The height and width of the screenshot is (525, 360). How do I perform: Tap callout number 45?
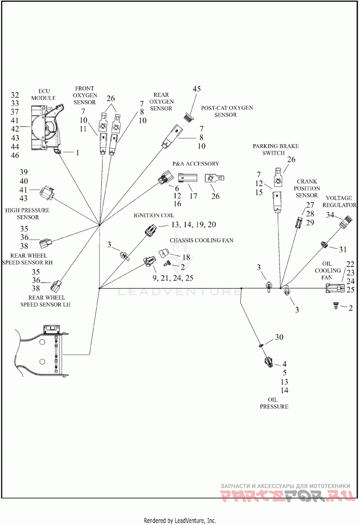(x=197, y=89)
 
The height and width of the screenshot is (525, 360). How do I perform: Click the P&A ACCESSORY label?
(x=195, y=164)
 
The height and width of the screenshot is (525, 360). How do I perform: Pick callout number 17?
(x=193, y=196)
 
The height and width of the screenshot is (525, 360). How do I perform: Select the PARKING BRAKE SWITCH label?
(x=275, y=149)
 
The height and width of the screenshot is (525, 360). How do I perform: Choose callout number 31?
(x=343, y=249)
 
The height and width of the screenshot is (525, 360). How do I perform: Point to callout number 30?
(x=279, y=337)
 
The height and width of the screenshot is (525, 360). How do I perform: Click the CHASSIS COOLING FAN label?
(x=201, y=240)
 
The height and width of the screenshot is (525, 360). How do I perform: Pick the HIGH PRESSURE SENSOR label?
(x=28, y=213)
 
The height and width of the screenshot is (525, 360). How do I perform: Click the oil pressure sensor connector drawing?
(x=267, y=361)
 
